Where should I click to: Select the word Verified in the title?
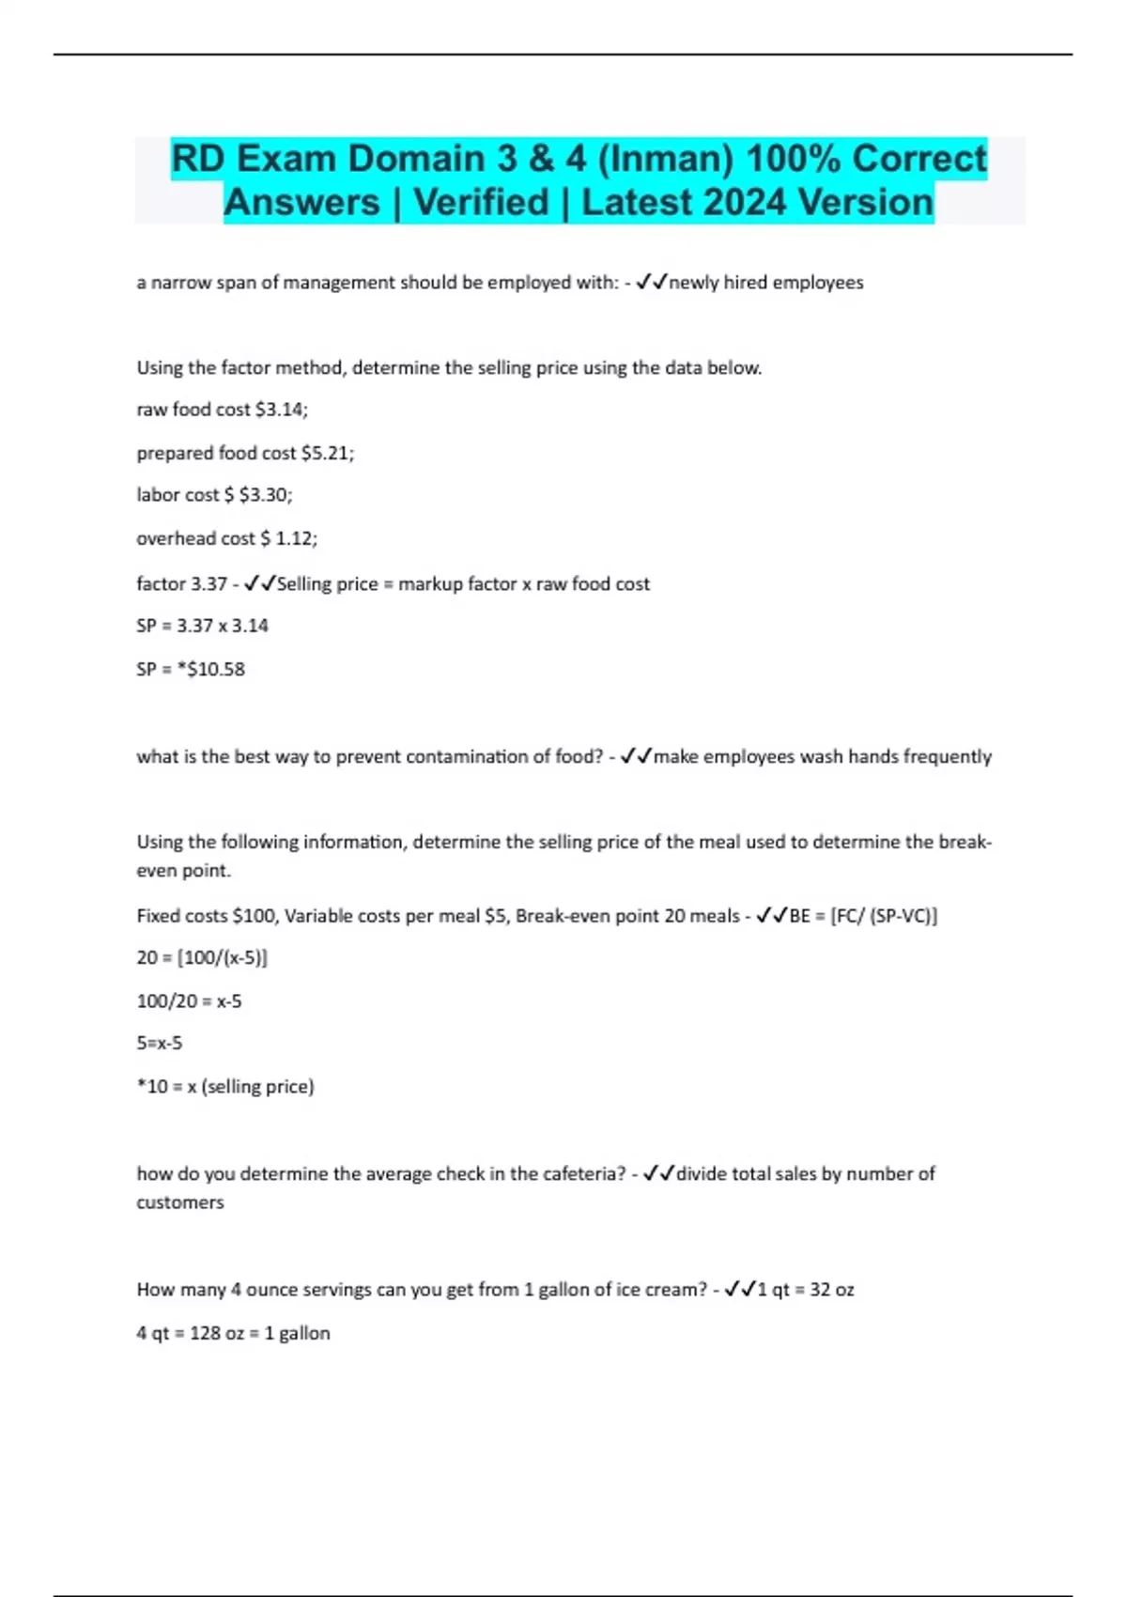(481, 203)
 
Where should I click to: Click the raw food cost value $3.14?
(282, 410)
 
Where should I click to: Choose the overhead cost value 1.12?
(297, 538)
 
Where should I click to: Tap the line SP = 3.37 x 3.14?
(202, 626)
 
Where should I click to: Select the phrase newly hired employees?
(766, 283)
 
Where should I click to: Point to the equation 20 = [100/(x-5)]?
(202, 957)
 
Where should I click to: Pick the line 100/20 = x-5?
(189, 1001)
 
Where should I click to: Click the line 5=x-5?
(160, 1043)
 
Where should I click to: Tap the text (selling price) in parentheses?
(258, 1087)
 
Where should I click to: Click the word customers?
(180, 1202)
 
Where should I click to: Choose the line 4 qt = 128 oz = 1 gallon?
(233, 1333)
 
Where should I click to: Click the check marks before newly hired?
(651, 283)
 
